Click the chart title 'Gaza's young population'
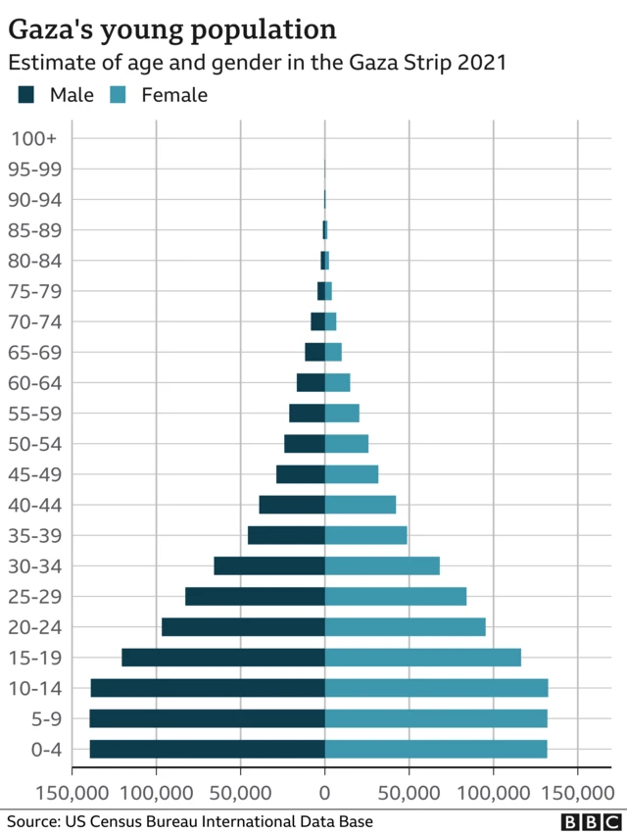[172, 28]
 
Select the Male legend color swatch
[26, 95]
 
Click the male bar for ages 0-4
[207, 750]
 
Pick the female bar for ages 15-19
[422, 658]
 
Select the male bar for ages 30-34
[269, 565]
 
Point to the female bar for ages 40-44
[360, 505]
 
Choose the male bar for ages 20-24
[243, 627]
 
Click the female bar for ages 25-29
[395, 597]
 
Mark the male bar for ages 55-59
[307, 414]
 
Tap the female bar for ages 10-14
[436, 688]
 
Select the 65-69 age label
[35, 353]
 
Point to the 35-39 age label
[35, 536]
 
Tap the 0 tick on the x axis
[324, 791]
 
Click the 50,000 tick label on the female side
[409, 791]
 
